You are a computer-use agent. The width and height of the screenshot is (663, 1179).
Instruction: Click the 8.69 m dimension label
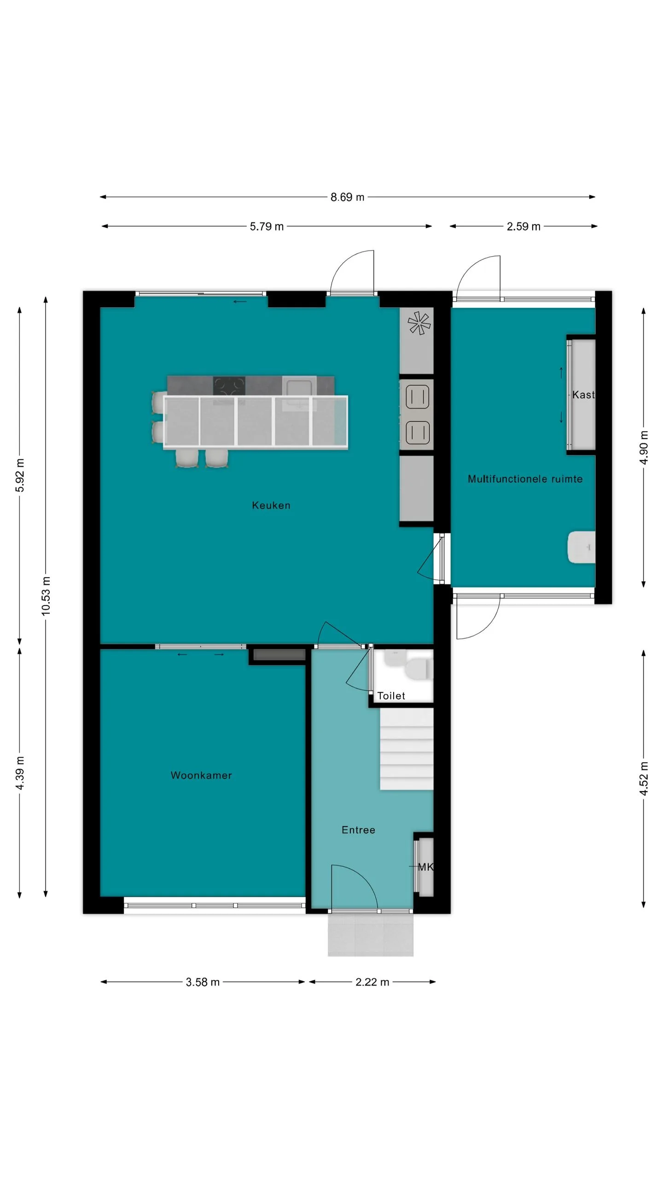[347, 197]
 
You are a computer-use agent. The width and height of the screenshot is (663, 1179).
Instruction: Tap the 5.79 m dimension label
[267, 227]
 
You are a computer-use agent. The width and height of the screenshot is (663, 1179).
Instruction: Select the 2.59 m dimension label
[523, 227]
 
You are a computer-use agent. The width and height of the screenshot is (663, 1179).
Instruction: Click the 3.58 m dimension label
[203, 982]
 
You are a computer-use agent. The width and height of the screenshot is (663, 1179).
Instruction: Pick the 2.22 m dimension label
[372, 982]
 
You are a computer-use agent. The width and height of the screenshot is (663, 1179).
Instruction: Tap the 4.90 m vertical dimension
[644, 448]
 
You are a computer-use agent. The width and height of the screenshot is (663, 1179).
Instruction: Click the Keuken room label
[271, 505]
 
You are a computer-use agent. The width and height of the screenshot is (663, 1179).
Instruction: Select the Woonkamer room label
[201, 775]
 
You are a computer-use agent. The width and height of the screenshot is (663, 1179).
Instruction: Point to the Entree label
[358, 830]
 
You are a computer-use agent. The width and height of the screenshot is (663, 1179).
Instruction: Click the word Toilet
[391, 696]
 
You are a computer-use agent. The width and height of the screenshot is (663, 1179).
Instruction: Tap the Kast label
[583, 395]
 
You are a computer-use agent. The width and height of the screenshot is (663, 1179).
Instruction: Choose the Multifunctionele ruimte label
[525, 479]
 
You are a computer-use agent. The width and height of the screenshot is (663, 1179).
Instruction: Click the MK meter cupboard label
[425, 867]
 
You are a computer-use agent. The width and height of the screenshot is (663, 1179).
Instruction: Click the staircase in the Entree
[407, 749]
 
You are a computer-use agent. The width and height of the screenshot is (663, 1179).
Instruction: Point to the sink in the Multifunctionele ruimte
[582, 547]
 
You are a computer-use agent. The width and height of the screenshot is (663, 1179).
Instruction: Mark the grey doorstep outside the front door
[371, 935]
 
